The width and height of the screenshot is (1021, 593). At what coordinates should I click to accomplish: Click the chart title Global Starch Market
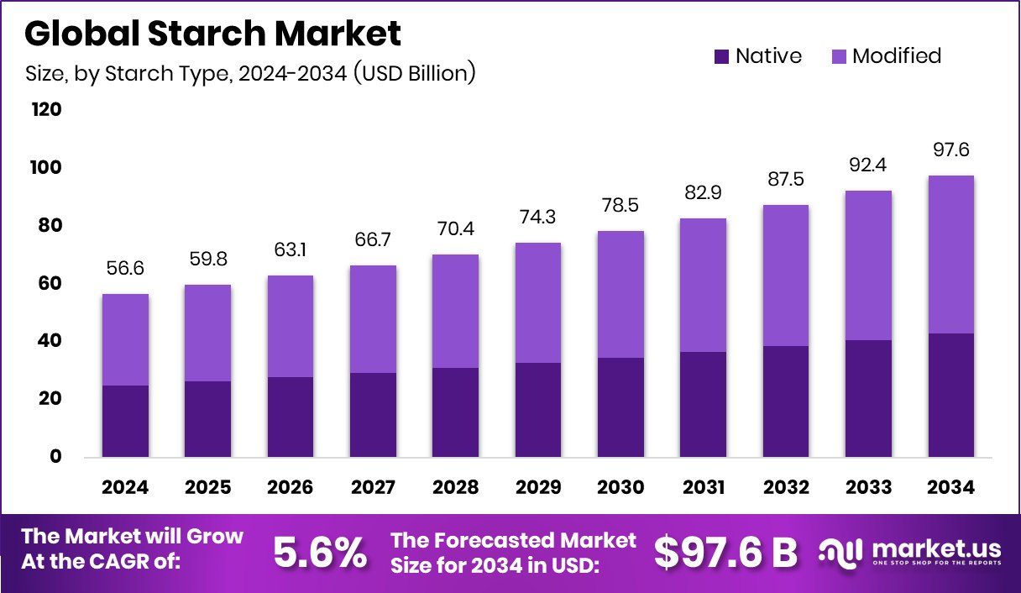(x=213, y=34)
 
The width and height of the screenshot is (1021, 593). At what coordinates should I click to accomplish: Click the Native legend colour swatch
(x=721, y=57)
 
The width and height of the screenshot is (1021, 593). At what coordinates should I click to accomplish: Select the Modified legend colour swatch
(x=838, y=57)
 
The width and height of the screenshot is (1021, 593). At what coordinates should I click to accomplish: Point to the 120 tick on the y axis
(x=46, y=110)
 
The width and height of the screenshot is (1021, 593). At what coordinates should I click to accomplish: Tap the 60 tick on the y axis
(x=50, y=284)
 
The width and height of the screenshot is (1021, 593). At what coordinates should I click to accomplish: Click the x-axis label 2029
(x=537, y=488)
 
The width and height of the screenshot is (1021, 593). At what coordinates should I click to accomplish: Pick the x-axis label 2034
(x=950, y=488)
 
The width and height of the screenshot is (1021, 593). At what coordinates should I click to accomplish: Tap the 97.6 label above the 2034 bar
(x=950, y=149)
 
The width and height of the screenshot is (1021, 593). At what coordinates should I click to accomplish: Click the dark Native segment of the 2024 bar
(x=124, y=421)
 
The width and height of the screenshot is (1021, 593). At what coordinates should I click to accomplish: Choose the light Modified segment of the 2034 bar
(x=950, y=255)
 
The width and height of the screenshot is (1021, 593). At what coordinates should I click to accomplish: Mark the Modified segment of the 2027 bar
(x=373, y=319)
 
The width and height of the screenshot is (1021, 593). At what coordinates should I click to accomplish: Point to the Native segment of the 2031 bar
(x=703, y=404)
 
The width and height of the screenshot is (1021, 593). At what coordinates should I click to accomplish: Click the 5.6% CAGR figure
(x=320, y=552)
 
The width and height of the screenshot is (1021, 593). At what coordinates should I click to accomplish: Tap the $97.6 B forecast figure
(x=725, y=552)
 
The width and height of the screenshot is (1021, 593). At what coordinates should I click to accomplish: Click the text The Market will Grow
(x=132, y=537)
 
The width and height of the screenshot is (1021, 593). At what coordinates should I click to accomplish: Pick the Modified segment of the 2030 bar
(x=620, y=294)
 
